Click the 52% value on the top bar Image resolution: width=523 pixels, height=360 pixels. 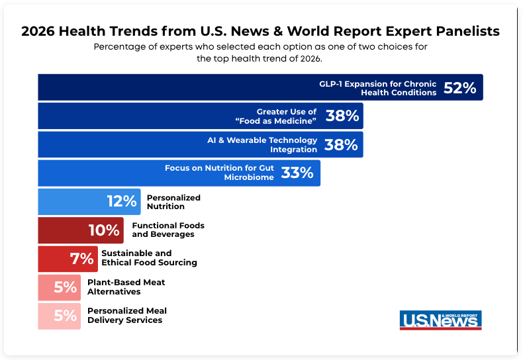459,88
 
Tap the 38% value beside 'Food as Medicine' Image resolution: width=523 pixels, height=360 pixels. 342,116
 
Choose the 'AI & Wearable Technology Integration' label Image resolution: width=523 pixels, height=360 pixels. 262,145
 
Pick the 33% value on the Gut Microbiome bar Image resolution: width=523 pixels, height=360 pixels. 297,173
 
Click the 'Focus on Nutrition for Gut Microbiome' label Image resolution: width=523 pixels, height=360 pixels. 220,173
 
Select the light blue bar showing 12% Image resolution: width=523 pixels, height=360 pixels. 89,202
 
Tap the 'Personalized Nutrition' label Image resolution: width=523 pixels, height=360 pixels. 173,202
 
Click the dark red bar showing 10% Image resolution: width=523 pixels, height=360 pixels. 80,230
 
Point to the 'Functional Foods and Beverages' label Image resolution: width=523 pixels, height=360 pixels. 168,230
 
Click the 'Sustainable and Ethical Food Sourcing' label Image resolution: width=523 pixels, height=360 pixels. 149,258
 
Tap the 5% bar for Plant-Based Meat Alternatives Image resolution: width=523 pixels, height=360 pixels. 60,287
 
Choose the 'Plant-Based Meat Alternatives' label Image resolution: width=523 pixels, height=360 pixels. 126,287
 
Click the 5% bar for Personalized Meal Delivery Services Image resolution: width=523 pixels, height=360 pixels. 60,316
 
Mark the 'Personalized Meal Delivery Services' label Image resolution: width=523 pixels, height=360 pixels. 126,316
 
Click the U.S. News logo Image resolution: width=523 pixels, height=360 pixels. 440,320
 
